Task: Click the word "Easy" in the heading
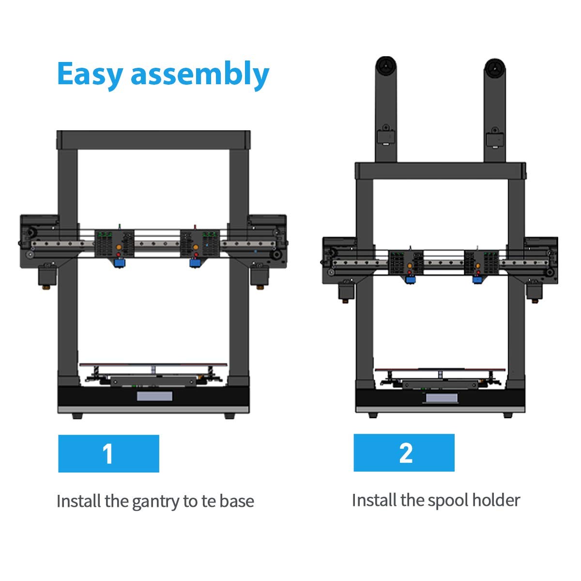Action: [90, 74]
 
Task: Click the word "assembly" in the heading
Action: [199, 75]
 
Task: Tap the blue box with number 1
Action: [108, 453]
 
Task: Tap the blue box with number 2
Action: [404, 453]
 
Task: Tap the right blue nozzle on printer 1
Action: [195, 263]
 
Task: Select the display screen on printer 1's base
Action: [154, 397]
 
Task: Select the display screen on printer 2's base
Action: [441, 398]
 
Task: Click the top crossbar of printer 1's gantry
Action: [153, 139]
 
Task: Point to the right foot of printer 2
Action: [507, 415]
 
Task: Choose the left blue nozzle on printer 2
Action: [411, 280]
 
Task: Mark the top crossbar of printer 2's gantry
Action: [440, 171]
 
